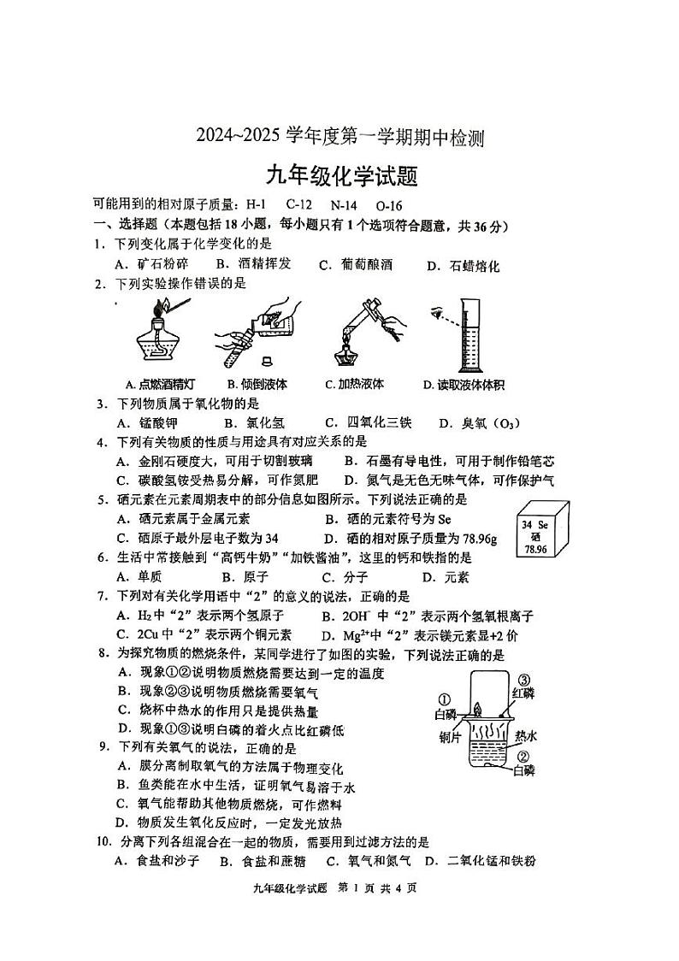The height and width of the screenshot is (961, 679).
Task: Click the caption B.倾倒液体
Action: pyautogui.click(x=257, y=384)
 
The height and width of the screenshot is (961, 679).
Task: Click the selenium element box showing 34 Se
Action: pyautogui.click(x=537, y=533)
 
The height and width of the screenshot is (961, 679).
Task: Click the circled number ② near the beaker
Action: pyautogui.click(x=524, y=756)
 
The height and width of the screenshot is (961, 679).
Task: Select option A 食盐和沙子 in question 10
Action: pyautogui.click(x=157, y=861)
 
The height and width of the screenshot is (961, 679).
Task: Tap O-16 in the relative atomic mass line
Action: pyautogui.click(x=389, y=205)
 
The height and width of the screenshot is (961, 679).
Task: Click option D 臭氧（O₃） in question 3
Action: pyautogui.click(x=479, y=422)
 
